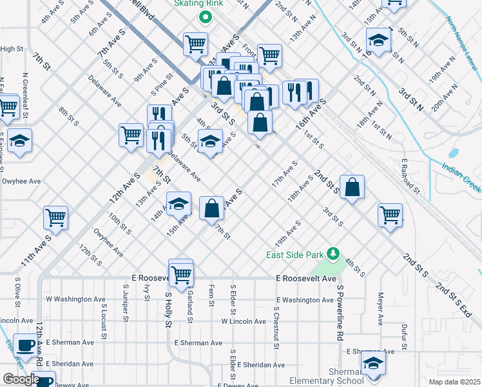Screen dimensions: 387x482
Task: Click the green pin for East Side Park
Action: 333,253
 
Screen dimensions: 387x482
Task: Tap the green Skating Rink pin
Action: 206,17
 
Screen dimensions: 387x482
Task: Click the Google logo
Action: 21,379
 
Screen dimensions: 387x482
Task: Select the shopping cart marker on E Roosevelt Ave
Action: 181,274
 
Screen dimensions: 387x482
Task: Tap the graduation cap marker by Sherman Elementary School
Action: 373,363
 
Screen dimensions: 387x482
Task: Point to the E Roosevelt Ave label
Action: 306,279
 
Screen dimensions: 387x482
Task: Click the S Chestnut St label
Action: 276,328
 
